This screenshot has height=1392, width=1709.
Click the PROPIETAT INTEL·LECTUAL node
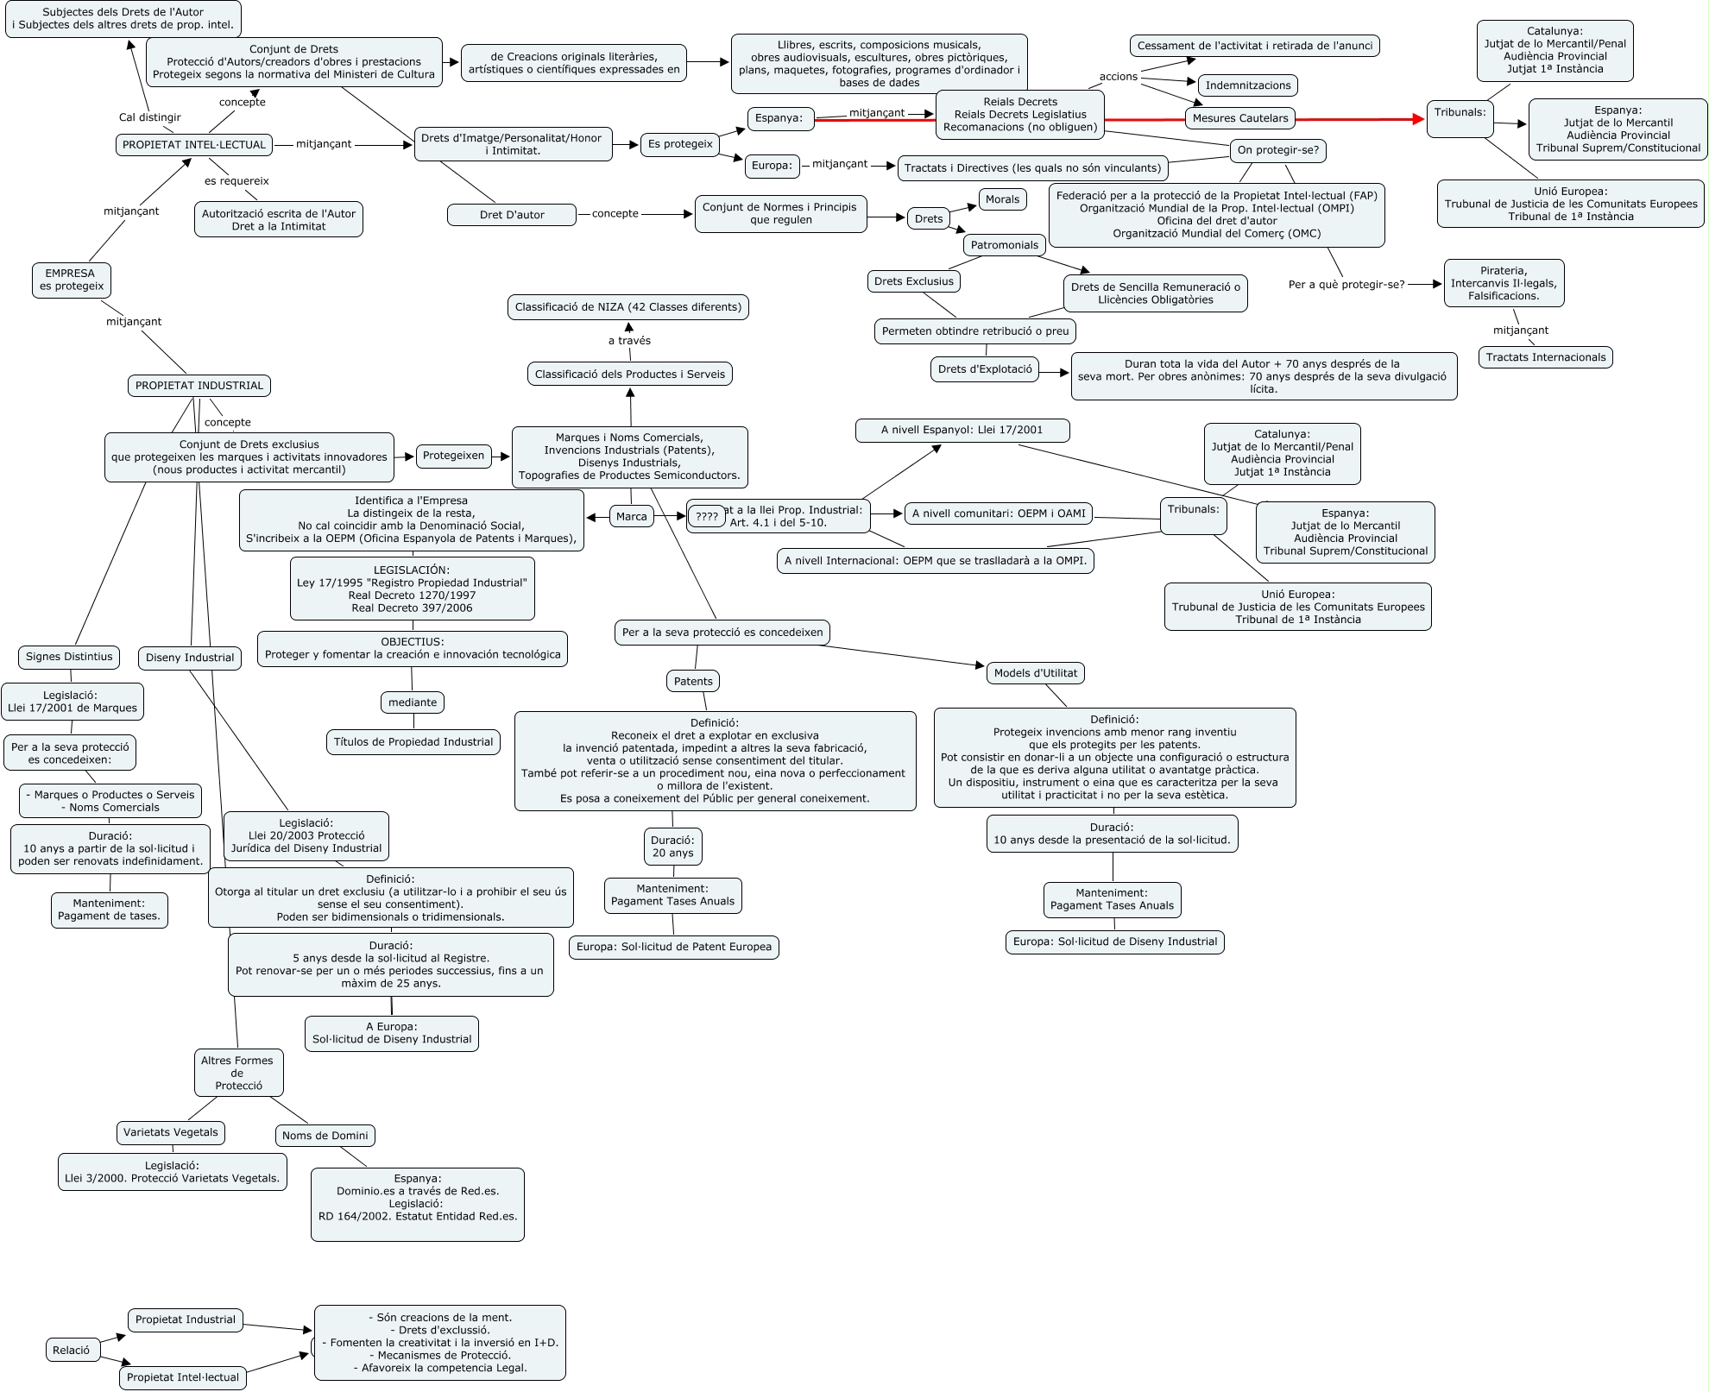tap(194, 145)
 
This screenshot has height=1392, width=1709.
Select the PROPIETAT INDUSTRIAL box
tap(199, 386)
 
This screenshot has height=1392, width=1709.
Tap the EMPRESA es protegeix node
tap(71, 280)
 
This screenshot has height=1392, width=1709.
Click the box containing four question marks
tap(706, 517)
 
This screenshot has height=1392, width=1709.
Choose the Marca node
tap(631, 517)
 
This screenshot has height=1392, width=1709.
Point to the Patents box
tap(693, 682)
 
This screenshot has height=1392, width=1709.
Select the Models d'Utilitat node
tap(1035, 673)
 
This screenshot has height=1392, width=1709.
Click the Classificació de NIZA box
tap(628, 307)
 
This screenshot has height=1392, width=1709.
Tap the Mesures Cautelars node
tap(1239, 118)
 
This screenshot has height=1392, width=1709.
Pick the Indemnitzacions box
tap(1247, 85)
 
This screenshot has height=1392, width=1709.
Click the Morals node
tap(1002, 199)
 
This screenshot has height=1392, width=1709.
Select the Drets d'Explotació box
tap(985, 369)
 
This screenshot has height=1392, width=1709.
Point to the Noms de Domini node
tap(325, 1136)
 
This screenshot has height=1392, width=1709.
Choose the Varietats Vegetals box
tap(171, 1132)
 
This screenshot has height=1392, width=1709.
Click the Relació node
tap(71, 1351)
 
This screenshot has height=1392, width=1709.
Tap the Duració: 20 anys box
tap(672, 847)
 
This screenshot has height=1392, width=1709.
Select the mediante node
tap(413, 702)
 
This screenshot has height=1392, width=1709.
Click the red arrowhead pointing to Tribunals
tap(1417, 119)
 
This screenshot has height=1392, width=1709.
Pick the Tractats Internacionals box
tap(1545, 357)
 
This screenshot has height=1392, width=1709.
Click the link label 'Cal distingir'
tap(149, 117)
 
